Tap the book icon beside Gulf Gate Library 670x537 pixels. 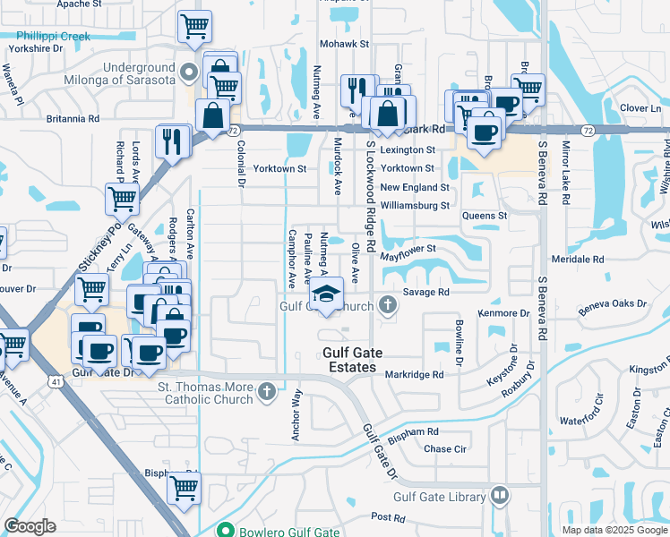pos(500,495)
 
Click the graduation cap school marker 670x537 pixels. pos(327,293)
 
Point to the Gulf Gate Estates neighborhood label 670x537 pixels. pos(362,361)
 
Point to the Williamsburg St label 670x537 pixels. pos(414,205)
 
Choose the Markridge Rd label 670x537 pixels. pos(415,374)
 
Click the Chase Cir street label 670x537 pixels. pos(445,449)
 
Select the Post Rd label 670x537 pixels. pos(388,517)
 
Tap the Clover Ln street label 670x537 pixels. pos(640,107)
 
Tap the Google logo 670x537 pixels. pos(30,526)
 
